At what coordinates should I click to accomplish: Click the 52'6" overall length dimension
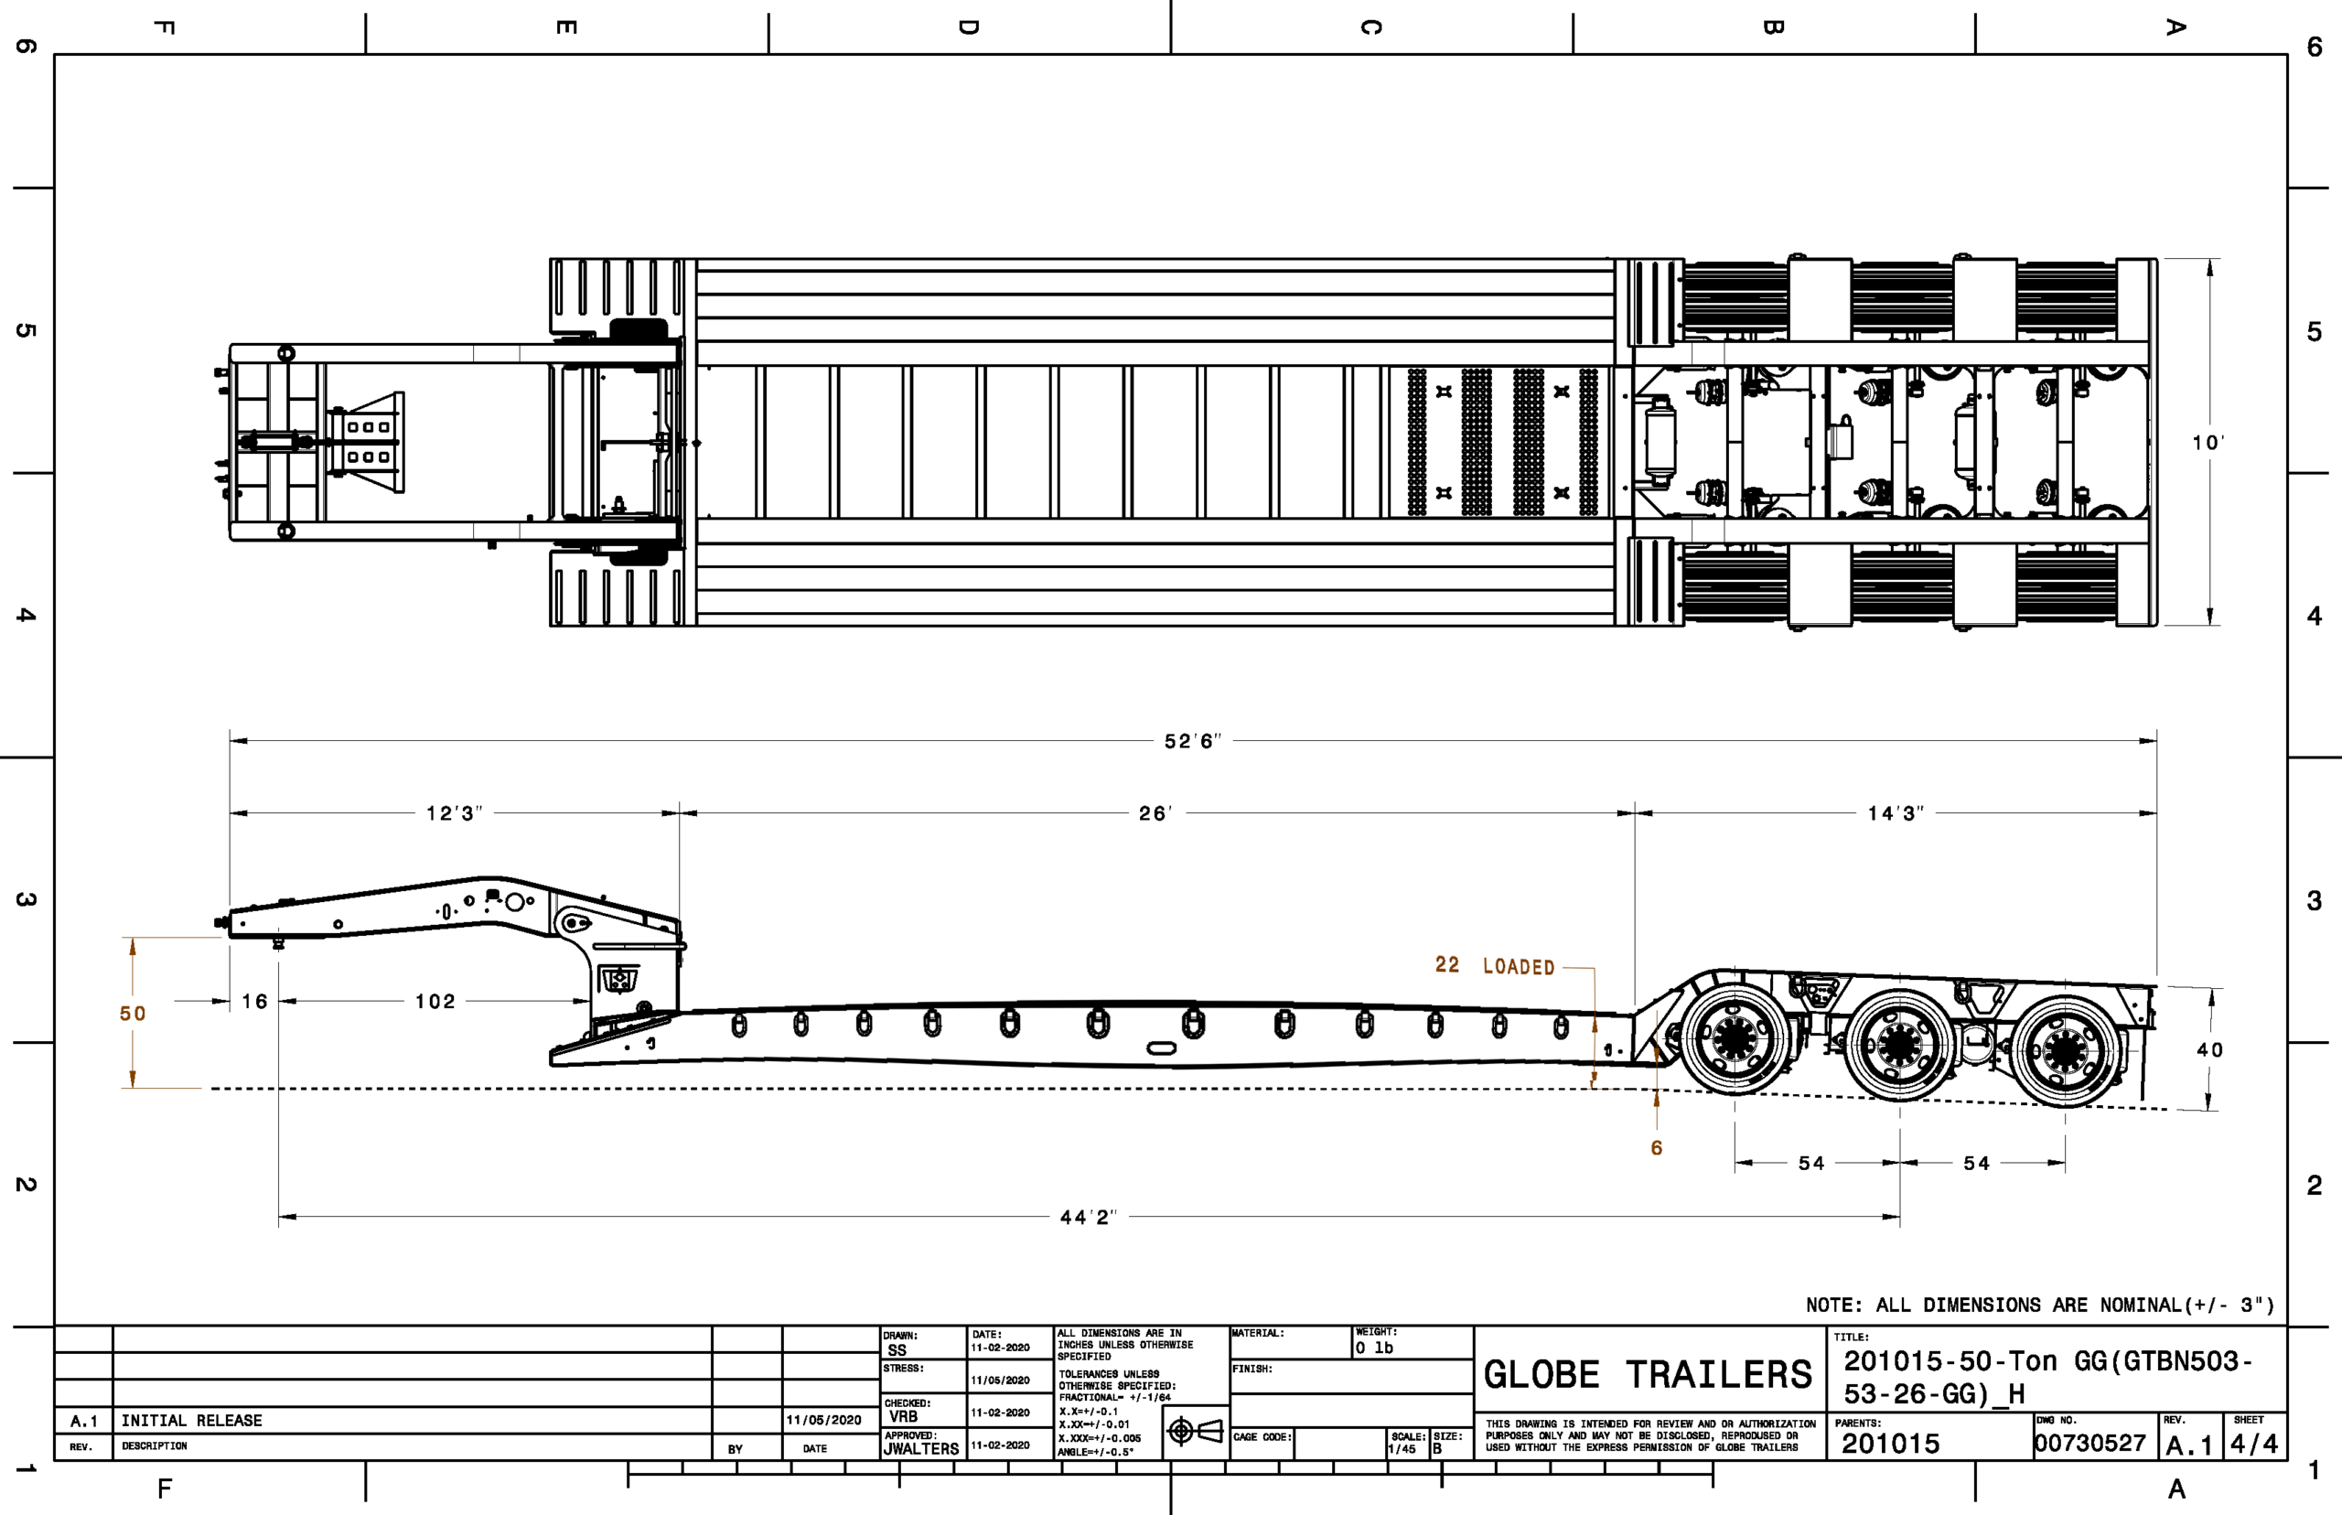1192,741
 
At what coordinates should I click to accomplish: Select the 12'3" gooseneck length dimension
454,813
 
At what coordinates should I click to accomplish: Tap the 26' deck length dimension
1155,813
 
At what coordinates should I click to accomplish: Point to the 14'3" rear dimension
1896,813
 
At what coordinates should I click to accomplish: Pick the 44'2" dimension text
1088,1217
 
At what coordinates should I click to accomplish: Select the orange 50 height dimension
133,1014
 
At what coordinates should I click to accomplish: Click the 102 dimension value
435,1002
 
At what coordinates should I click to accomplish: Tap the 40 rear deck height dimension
2209,1049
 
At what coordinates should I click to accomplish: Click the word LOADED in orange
1519,967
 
